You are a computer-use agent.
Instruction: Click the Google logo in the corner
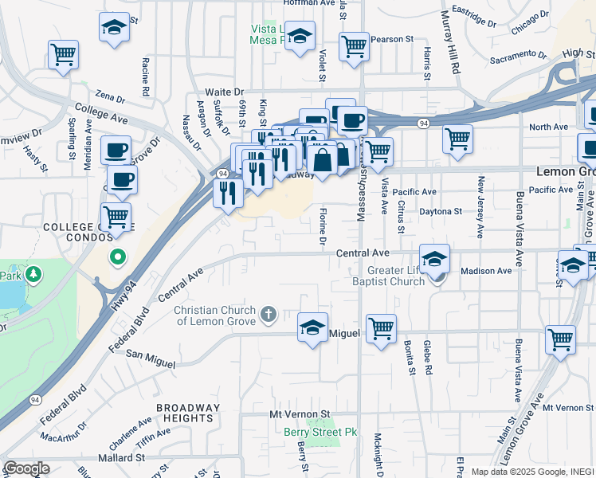(x=26, y=468)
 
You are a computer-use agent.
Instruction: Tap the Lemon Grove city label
(x=561, y=171)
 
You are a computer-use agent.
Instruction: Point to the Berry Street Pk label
(x=321, y=433)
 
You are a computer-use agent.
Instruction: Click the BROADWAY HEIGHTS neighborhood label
(x=185, y=413)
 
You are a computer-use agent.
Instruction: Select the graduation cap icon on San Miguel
(x=312, y=326)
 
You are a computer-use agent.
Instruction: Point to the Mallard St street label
(x=121, y=458)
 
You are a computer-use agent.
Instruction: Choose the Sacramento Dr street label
(x=518, y=57)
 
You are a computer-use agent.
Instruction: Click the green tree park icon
(x=33, y=276)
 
